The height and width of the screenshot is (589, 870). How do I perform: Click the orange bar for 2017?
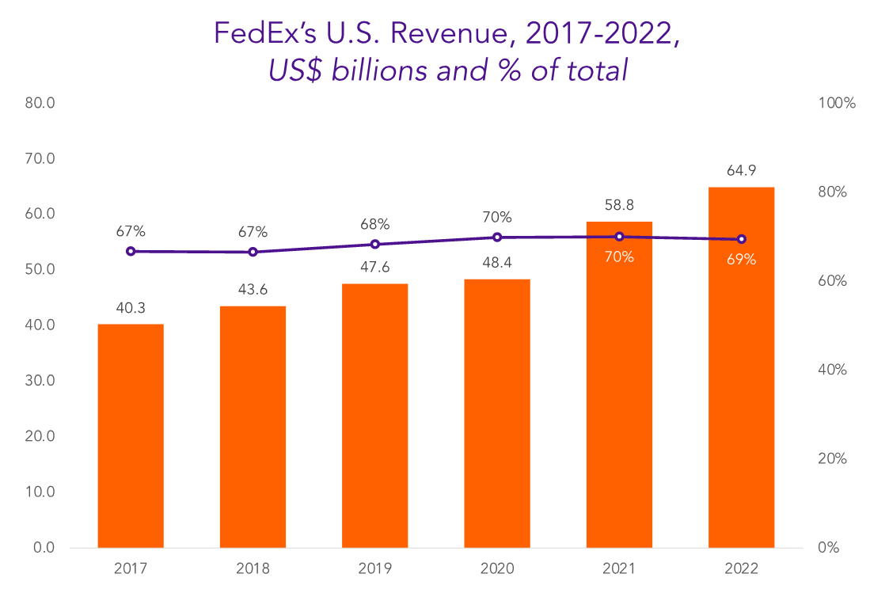[131, 435]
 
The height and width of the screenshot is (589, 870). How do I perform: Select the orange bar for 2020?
[497, 412]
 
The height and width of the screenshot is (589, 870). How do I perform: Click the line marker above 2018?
[253, 252]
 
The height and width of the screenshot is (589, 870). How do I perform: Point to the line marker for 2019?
[375, 244]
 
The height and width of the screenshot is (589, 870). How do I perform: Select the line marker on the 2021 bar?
[619, 237]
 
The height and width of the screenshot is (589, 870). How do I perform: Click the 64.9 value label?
[741, 171]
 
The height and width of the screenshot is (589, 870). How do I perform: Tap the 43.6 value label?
[253, 290]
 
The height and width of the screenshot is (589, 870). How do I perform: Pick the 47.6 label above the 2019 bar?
[375, 268]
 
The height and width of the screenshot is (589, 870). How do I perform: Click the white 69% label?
[741, 259]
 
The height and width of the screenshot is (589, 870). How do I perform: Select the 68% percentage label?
[375, 224]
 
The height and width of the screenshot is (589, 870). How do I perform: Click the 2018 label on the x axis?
[253, 568]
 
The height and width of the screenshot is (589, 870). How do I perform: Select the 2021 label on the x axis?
[619, 568]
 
